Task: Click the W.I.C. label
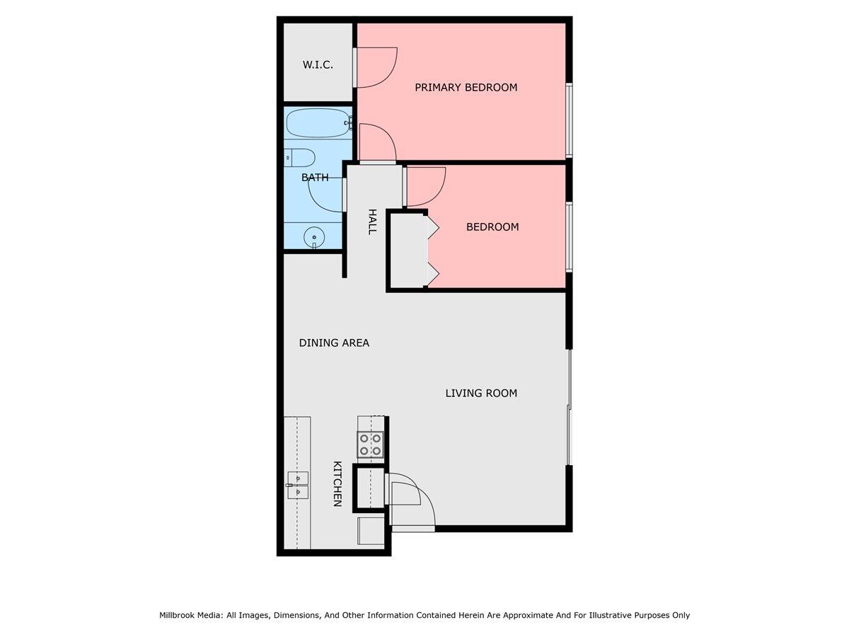[318, 64]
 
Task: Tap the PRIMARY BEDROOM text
[466, 87]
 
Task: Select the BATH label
[315, 178]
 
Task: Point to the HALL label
[371, 222]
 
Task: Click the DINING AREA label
[334, 343]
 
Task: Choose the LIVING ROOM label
[481, 393]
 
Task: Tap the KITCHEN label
[337, 483]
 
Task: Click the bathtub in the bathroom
[318, 123]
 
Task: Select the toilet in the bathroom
[300, 157]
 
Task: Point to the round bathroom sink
[313, 238]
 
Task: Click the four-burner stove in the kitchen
[370, 444]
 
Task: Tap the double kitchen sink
[298, 485]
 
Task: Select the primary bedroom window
[569, 120]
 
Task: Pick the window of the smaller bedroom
[569, 236]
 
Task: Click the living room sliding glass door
[569, 407]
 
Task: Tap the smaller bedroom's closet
[408, 251]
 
